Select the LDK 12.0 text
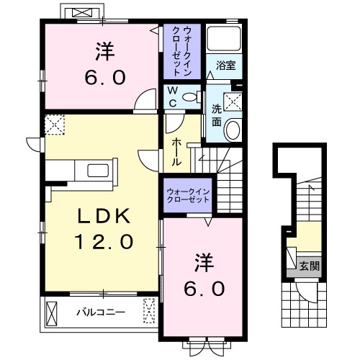click(x=102, y=229)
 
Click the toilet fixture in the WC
click(x=191, y=96)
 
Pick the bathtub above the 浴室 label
click(x=223, y=40)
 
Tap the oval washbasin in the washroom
click(x=233, y=130)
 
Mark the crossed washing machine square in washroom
click(x=233, y=102)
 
